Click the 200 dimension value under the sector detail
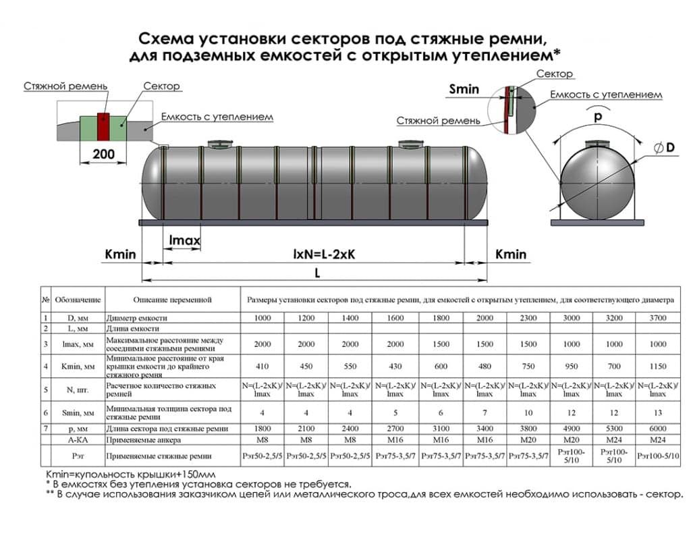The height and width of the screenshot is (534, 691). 103,153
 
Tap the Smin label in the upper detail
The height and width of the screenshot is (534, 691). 464,88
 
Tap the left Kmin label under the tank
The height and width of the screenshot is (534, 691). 121,255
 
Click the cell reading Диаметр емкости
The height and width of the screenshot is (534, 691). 136,318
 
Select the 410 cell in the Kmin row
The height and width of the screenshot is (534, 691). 262,367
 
